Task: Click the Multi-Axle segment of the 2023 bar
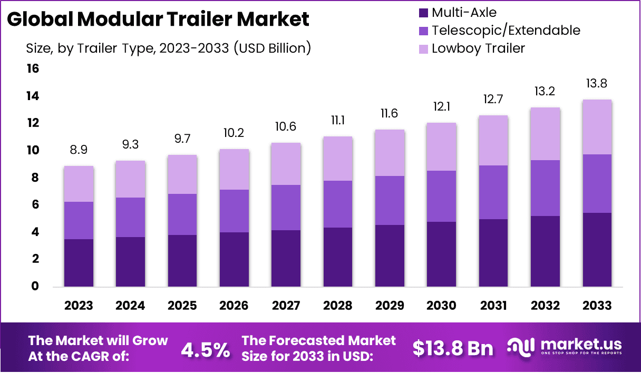(x=79, y=263)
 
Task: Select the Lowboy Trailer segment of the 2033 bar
(x=597, y=127)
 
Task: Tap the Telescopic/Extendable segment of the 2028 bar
(x=338, y=204)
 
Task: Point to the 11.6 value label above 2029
(x=390, y=114)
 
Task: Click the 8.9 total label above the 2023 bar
(x=79, y=150)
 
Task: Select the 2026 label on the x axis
(x=234, y=306)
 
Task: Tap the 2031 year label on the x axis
(x=493, y=306)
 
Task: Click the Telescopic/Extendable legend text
(x=506, y=30)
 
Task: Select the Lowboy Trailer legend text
(x=478, y=48)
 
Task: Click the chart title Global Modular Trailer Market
(x=158, y=19)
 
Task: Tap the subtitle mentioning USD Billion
(x=168, y=48)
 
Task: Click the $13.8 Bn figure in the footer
(x=453, y=348)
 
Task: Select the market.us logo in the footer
(x=565, y=347)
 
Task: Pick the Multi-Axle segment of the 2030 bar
(x=442, y=254)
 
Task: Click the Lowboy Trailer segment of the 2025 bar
(x=182, y=174)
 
